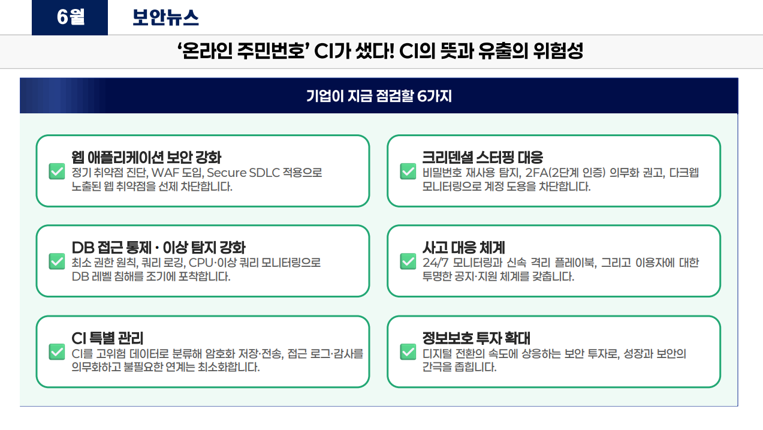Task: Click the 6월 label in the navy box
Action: (71, 17)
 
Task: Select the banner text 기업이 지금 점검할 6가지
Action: (379, 96)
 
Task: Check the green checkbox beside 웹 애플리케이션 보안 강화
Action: (57, 171)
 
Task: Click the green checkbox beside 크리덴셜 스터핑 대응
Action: (408, 171)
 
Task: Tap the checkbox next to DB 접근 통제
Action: (57, 261)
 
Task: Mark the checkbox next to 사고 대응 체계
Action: (408, 261)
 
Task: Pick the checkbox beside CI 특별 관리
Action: (57, 351)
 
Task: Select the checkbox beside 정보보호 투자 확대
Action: (408, 351)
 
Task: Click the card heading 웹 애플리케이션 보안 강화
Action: (146, 157)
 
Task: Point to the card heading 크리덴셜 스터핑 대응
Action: (482, 157)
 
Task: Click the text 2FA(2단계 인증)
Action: (565, 173)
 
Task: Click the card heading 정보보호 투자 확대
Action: (476, 338)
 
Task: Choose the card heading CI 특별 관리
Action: (107, 338)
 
